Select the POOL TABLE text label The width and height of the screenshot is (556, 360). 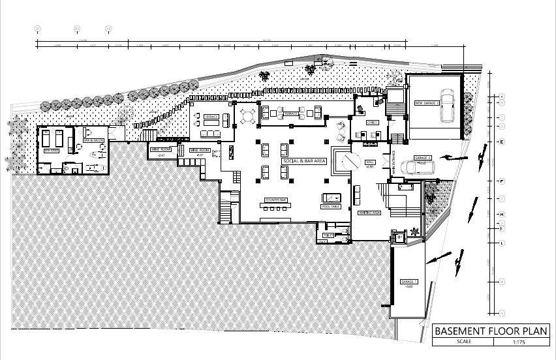[331, 206]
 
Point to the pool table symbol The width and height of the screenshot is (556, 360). [331, 198]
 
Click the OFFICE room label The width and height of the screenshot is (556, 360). [373, 122]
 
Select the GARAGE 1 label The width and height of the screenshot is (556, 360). [409, 282]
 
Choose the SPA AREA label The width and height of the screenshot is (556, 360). [52, 150]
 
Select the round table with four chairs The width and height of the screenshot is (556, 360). [248, 115]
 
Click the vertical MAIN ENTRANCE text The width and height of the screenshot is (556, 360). [394, 160]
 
